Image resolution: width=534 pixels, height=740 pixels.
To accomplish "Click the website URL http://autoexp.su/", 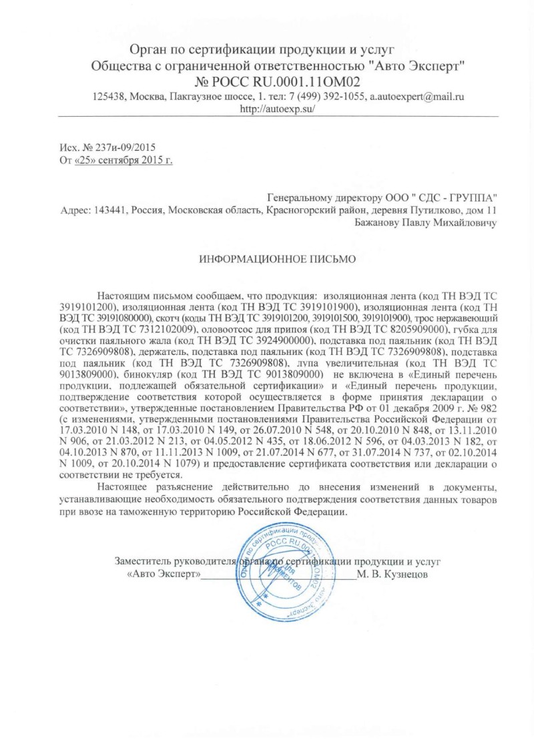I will [276, 108].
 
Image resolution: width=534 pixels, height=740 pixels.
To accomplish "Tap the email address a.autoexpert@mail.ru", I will [417, 96].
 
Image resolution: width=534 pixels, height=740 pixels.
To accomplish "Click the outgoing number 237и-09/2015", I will [123, 147].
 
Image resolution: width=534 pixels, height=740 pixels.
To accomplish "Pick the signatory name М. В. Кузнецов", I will [392, 574].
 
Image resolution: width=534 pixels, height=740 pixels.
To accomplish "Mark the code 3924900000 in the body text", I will [280, 341].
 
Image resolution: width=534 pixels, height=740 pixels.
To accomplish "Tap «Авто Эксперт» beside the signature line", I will [163, 574].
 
